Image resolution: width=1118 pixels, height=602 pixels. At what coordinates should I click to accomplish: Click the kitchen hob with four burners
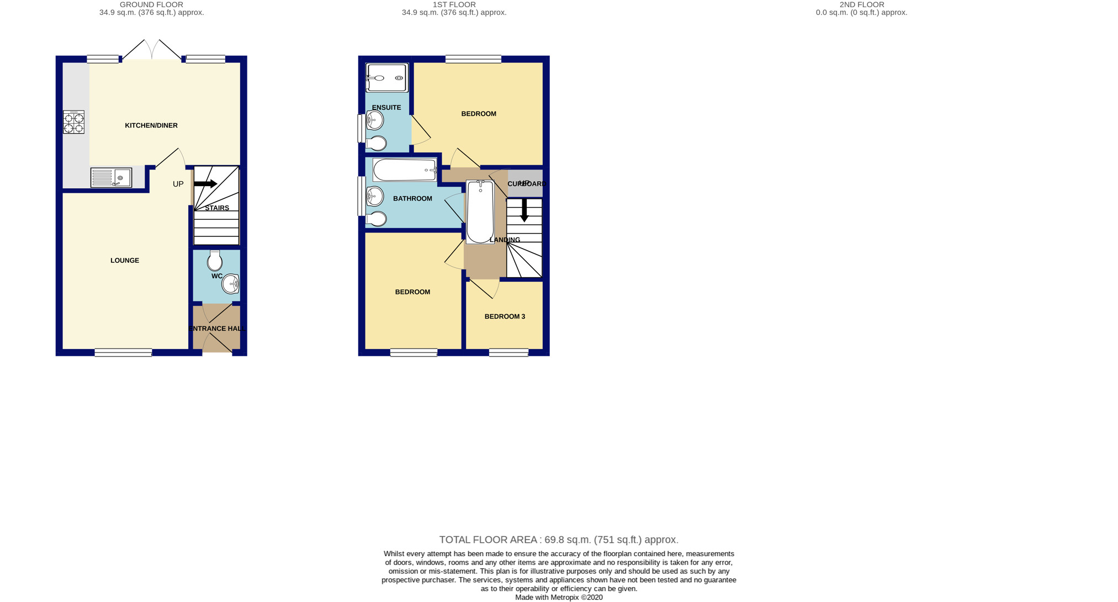pos(74,123)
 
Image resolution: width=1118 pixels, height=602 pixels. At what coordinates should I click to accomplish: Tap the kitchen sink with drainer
pos(111,178)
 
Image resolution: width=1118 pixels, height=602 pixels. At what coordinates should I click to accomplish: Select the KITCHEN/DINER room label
pos(151,125)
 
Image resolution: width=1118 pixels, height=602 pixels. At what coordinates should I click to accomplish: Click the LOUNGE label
pos(125,261)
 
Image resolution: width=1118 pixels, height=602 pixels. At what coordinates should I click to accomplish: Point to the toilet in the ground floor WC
pos(215,261)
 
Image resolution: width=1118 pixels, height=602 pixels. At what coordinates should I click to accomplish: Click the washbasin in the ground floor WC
pos(230,284)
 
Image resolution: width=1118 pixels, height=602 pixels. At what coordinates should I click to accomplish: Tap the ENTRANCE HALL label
pos(217,329)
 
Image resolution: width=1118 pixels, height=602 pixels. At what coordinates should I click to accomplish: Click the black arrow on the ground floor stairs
pos(205,184)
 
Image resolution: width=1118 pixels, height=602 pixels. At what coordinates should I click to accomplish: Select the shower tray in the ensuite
pos(387,78)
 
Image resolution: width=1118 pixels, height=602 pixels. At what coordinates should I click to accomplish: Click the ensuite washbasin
pos(375,120)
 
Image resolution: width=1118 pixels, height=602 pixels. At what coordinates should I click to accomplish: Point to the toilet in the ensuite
pos(377,144)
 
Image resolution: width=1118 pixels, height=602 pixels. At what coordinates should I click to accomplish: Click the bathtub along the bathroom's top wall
pos(405,170)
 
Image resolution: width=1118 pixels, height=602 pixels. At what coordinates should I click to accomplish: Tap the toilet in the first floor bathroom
pos(377,219)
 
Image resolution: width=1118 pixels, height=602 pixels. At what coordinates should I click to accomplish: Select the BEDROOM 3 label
pos(505,316)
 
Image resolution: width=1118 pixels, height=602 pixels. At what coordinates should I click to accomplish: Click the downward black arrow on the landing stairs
pos(524,211)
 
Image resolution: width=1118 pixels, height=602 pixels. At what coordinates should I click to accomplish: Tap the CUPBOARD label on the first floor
pos(527,184)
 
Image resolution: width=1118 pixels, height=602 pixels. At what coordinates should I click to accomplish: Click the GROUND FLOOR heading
pos(151,4)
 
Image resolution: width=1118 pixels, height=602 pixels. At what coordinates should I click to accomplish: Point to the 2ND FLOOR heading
pos(861,4)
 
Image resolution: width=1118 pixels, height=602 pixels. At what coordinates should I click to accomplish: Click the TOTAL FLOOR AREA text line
pos(559,540)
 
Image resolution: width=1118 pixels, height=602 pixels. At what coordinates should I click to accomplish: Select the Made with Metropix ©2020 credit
pos(559,597)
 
